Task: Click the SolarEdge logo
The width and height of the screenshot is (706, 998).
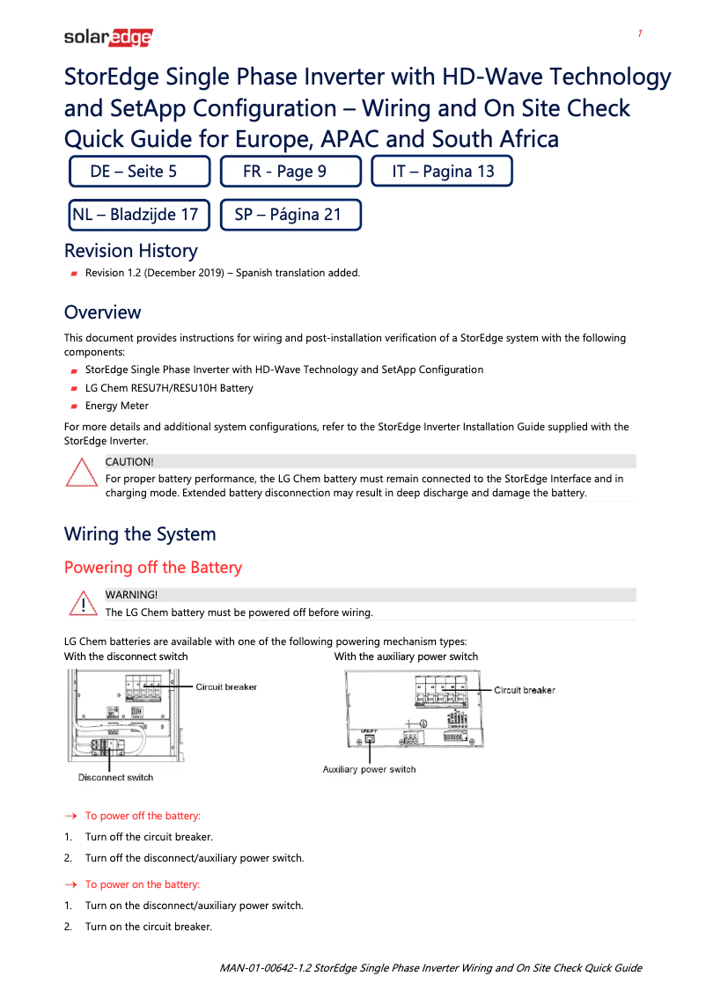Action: click(x=108, y=37)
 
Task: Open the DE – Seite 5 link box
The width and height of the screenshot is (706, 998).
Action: click(x=139, y=172)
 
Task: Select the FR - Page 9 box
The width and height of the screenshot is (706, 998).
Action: click(x=290, y=172)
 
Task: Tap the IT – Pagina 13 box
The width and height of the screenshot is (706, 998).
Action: click(x=442, y=172)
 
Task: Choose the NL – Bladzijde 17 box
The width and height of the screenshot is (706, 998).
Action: click(x=139, y=214)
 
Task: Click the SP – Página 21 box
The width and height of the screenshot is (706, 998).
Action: click(x=290, y=214)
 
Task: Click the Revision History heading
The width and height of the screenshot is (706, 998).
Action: click(x=130, y=251)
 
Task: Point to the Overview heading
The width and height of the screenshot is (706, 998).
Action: click(x=102, y=312)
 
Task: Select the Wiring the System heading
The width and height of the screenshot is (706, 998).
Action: click(x=139, y=534)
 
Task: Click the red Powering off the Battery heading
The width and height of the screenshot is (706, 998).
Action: click(x=152, y=568)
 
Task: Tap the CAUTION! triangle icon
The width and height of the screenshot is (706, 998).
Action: click(x=81, y=473)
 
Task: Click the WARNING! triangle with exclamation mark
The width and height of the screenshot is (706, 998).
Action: click(x=81, y=605)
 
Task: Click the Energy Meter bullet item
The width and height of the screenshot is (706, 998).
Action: click(x=116, y=406)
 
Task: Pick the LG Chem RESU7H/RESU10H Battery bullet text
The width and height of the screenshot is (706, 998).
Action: click(x=168, y=388)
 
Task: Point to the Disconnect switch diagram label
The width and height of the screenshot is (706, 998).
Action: click(x=115, y=777)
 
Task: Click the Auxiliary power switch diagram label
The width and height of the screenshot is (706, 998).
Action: click(x=369, y=769)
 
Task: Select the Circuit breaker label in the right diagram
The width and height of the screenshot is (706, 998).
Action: click(x=525, y=690)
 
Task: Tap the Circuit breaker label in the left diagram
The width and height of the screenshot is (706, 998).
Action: click(x=226, y=686)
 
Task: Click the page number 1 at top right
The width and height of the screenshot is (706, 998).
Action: click(x=640, y=33)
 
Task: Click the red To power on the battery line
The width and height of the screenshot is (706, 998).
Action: click(x=142, y=884)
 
